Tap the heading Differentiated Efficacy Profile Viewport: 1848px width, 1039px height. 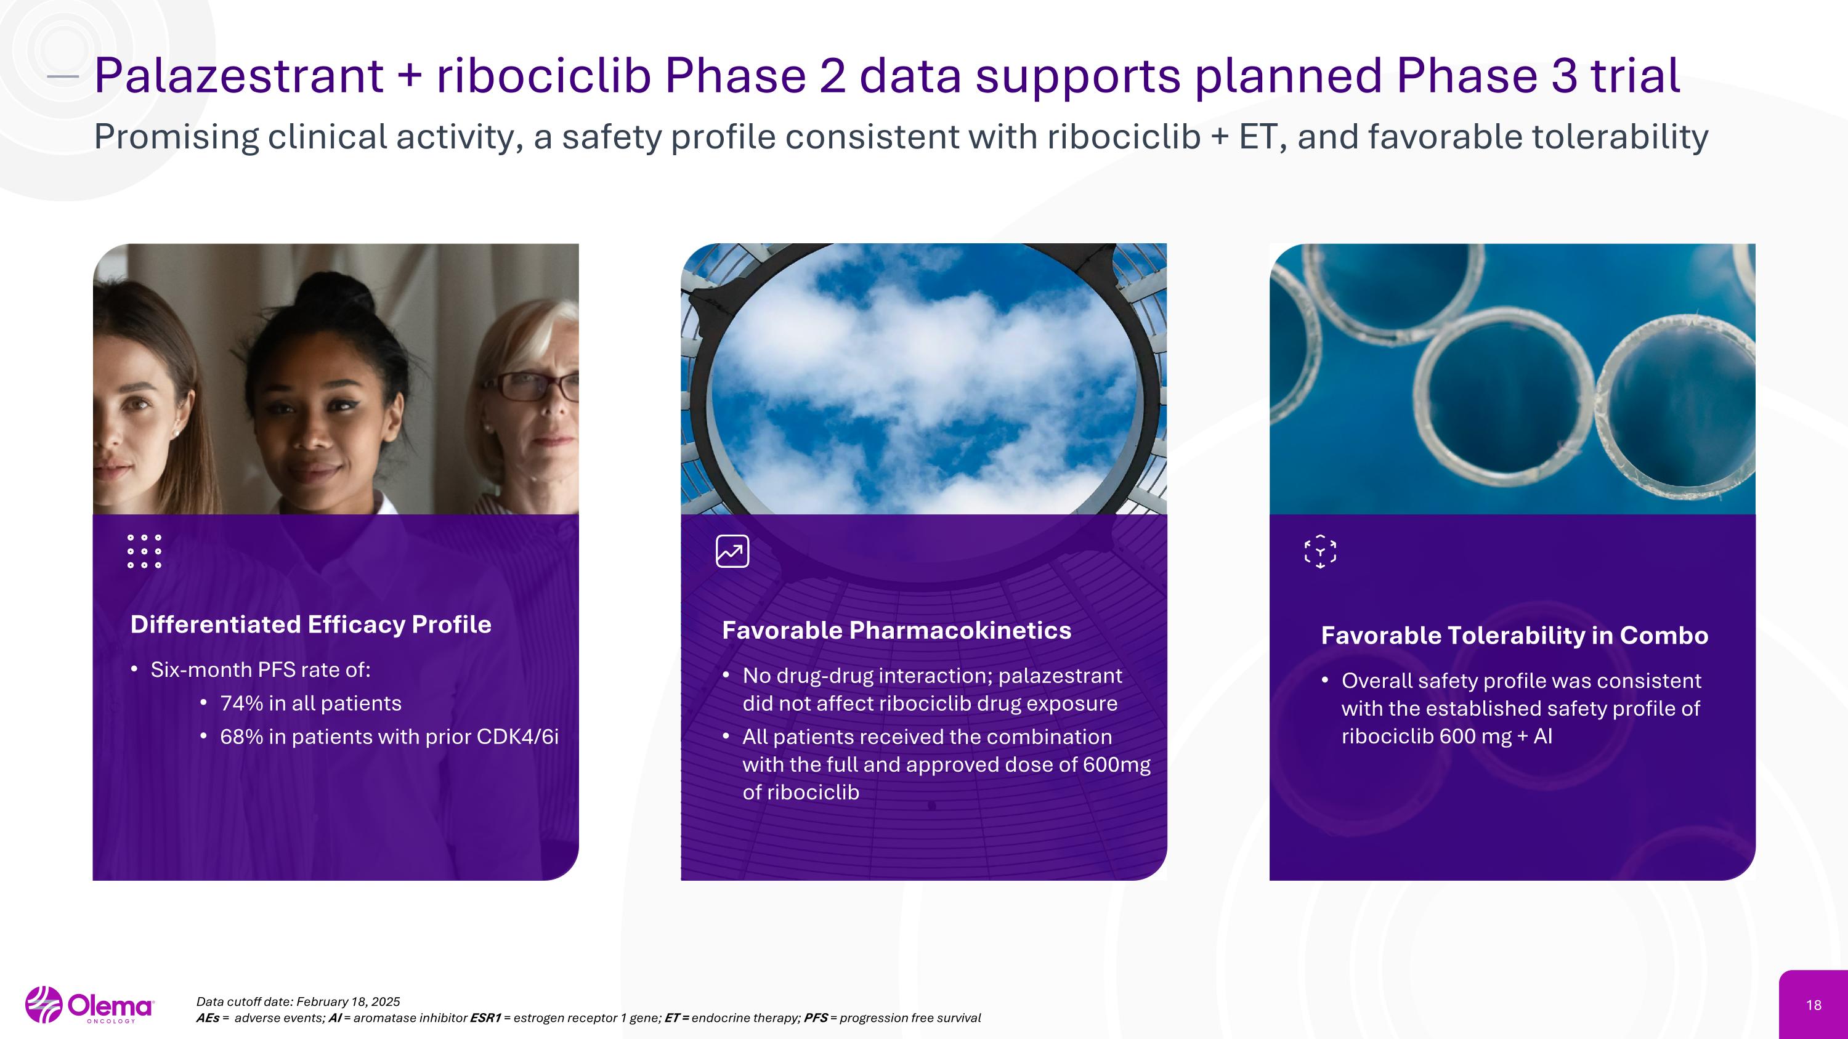click(x=310, y=625)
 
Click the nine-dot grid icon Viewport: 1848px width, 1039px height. click(x=144, y=551)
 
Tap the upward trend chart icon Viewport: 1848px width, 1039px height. click(x=732, y=551)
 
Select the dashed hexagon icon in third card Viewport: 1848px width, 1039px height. click(x=1320, y=551)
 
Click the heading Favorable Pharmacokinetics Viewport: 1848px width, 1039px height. click(x=896, y=630)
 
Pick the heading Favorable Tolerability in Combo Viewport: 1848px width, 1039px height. click(x=1514, y=636)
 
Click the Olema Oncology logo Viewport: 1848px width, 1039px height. click(x=90, y=1005)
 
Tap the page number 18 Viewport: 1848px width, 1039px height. click(x=1814, y=1005)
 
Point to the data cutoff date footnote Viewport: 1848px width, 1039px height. click(x=298, y=1001)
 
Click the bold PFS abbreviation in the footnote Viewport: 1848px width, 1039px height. click(x=816, y=1018)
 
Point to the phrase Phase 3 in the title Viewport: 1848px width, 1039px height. click(x=1486, y=76)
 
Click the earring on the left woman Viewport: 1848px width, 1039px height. click(x=176, y=434)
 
